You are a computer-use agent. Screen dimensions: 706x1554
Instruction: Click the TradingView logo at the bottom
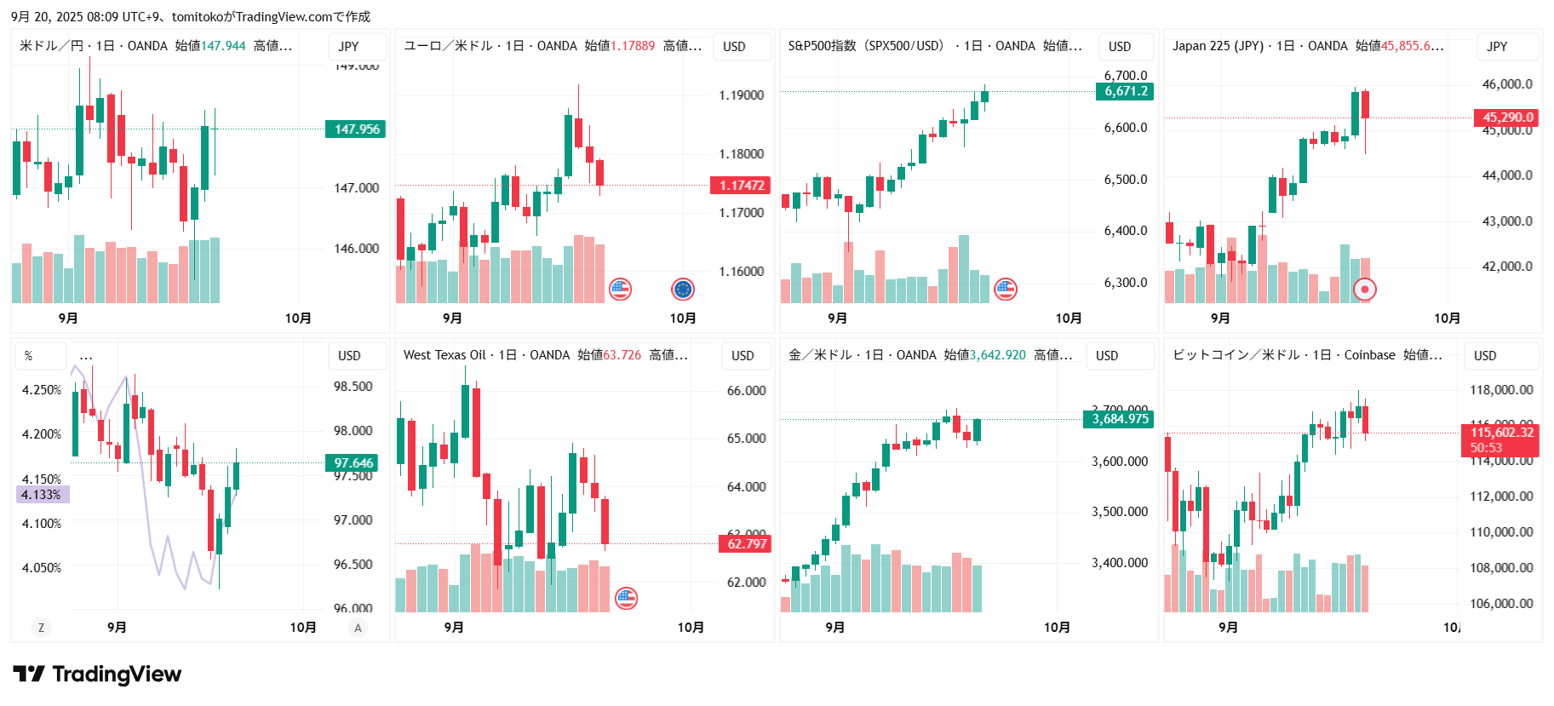97,674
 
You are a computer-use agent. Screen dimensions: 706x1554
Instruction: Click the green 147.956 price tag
356,129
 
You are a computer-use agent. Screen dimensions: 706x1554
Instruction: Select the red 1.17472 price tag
741,186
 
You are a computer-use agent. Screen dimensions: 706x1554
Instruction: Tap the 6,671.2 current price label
1125,91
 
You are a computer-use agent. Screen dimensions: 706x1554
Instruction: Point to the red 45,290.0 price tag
1506,118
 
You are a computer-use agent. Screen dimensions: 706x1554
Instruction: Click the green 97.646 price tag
353,463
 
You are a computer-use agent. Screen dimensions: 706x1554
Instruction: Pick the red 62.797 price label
746,543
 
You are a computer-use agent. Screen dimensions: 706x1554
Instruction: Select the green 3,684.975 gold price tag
1119,419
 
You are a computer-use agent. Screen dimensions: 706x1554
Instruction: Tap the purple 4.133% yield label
42,495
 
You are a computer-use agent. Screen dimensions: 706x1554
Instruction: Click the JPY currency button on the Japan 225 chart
1497,47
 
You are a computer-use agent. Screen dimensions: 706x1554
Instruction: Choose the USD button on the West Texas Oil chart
743,356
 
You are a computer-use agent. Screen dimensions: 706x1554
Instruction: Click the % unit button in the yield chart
29,356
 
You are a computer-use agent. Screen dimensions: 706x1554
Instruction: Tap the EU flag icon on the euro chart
683,290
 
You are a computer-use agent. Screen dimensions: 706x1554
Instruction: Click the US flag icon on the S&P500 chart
1006,290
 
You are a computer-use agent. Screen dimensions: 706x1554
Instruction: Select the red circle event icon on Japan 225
1365,290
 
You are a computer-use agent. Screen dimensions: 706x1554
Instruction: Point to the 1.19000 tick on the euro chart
741,95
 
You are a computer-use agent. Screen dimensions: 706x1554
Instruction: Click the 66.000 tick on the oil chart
746,391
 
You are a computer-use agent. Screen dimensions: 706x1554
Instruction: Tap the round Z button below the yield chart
41,628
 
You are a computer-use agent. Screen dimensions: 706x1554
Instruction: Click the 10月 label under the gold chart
1057,628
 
